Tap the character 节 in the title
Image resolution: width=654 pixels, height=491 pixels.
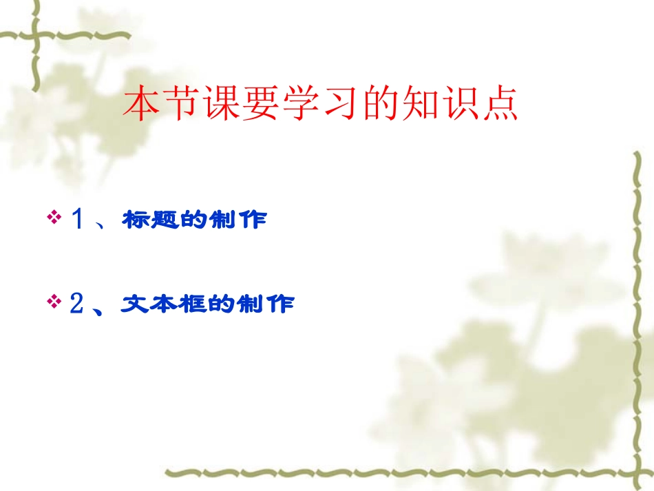coord(182,105)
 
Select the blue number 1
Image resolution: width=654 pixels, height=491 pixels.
coord(77,220)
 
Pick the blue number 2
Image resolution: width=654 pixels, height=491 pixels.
coord(76,304)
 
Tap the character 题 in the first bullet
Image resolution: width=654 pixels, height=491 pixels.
coord(166,220)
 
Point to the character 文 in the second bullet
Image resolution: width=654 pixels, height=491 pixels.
coord(136,304)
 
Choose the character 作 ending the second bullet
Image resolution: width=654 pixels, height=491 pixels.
coord(279,304)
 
